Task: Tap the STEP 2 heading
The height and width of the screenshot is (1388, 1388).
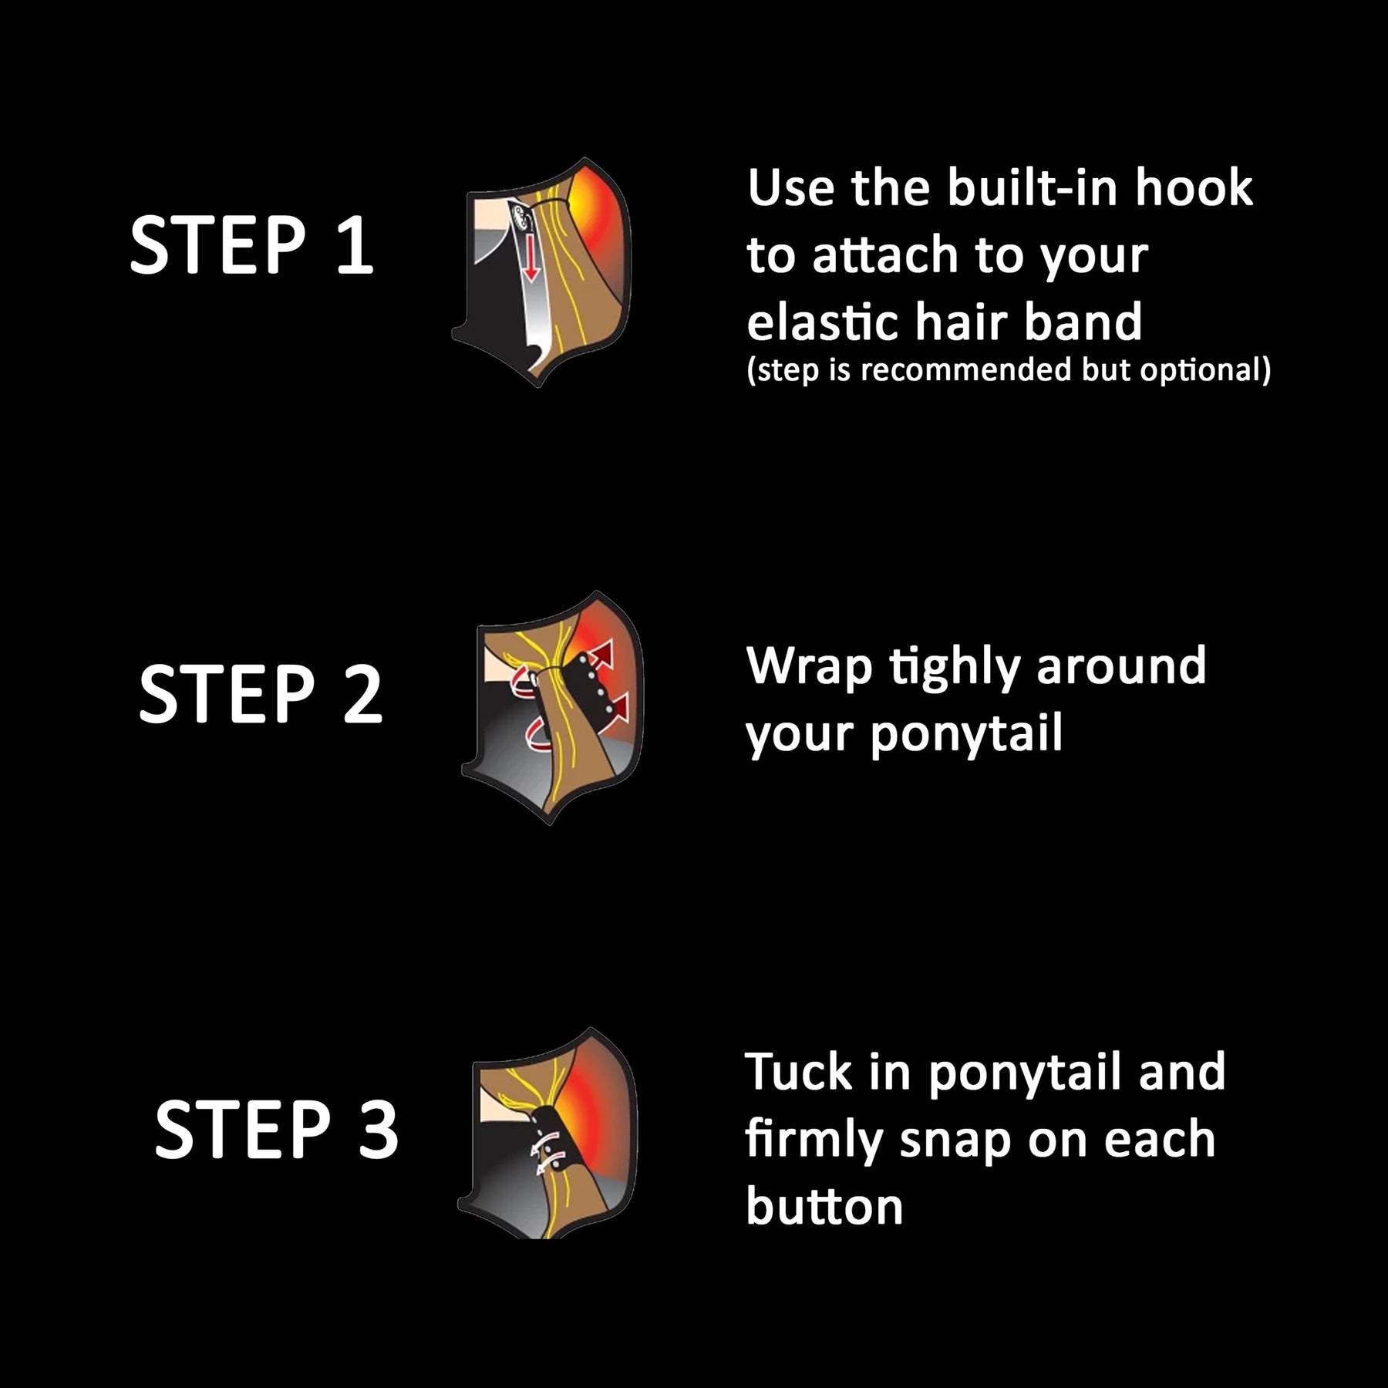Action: pos(261,694)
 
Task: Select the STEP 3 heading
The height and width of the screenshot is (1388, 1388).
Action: pos(277,1130)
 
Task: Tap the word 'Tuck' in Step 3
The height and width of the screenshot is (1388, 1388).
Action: pos(799,1072)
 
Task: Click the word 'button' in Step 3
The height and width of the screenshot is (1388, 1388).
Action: pos(824,1207)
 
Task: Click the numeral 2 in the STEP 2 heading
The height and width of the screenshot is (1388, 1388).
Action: pos(362,695)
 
